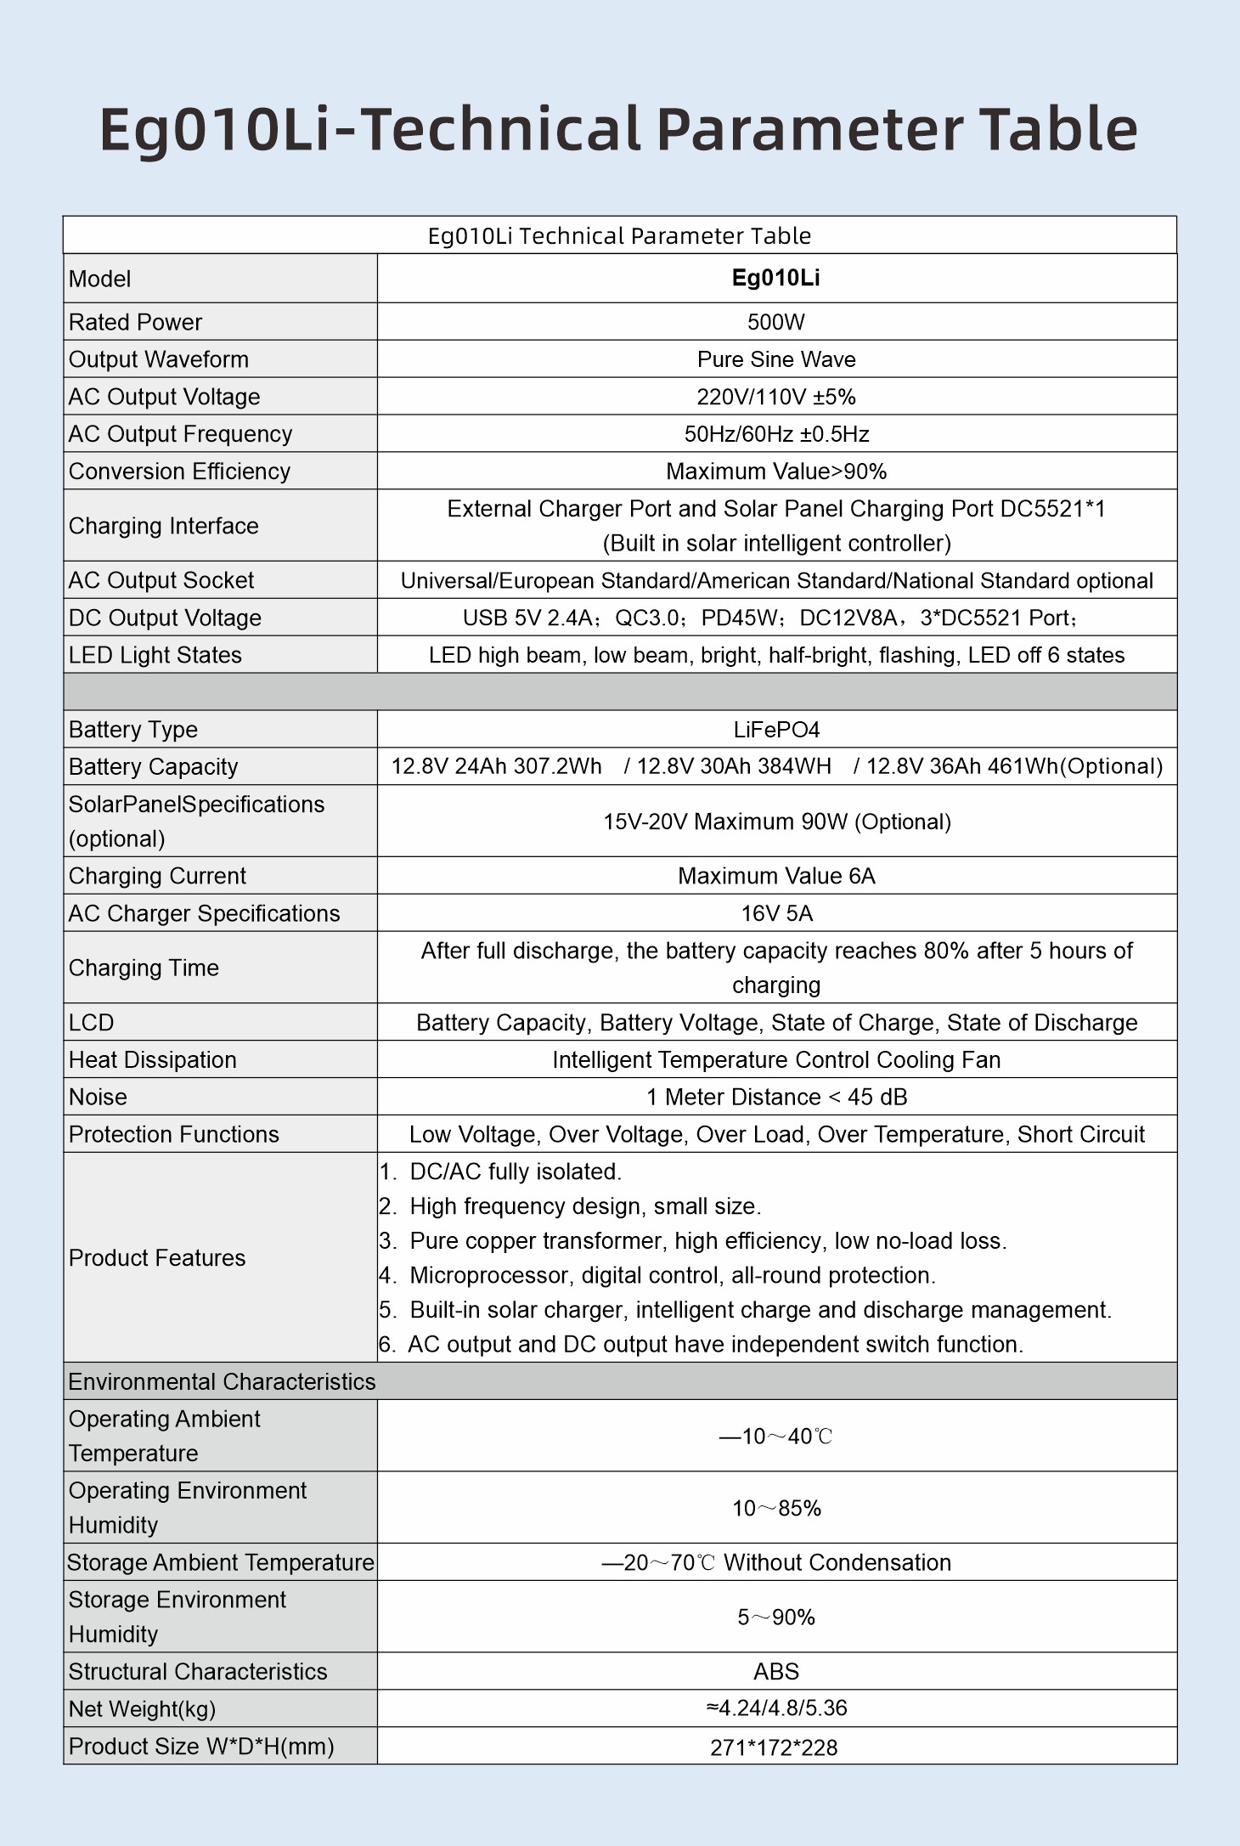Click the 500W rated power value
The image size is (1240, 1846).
(x=775, y=322)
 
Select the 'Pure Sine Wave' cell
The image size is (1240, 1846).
(x=775, y=359)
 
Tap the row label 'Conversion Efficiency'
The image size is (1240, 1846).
(x=179, y=471)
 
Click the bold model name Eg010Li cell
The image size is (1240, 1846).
(x=775, y=279)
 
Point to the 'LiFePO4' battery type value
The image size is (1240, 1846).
(x=775, y=730)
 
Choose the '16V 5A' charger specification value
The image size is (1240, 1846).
(x=775, y=913)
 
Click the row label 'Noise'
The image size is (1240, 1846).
(x=98, y=1097)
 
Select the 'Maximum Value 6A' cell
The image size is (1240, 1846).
(x=775, y=876)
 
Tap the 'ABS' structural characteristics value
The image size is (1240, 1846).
(x=775, y=1671)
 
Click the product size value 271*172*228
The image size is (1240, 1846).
(x=774, y=1747)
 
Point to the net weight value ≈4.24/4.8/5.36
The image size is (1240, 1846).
(x=775, y=1708)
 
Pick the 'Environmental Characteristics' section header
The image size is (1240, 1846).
(x=222, y=1381)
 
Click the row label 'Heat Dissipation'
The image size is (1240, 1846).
(x=153, y=1059)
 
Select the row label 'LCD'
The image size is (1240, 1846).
(x=91, y=1022)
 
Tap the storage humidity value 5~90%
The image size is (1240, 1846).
(x=775, y=1617)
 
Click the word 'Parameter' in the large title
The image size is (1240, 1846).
(x=809, y=130)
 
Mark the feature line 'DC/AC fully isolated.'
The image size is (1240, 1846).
(x=515, y=1171)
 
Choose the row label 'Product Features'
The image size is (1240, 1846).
(x=157, y=1257)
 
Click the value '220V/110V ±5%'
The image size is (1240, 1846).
(x=775, y=397)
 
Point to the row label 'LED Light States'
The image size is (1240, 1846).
(x=155, y=655)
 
